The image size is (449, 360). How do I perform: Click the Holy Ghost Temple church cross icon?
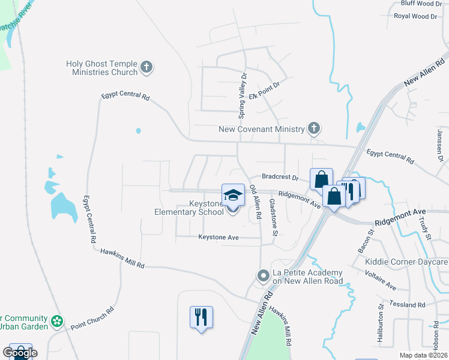click(146, 68)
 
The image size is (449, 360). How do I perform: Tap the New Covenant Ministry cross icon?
click(313, 128)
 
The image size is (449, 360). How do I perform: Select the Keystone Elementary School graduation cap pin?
click(233, 196)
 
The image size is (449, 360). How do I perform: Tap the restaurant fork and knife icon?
click(201, 316)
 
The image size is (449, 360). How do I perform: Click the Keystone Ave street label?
click(219, 238)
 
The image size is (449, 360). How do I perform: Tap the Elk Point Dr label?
click(264, 95)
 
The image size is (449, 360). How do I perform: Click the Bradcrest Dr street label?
click(280, 178)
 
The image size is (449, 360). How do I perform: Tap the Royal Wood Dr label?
click(415, 16)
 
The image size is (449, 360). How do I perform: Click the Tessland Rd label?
click(407, 304)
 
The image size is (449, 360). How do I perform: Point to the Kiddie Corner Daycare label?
click(407, 262)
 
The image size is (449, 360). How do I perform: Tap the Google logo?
click(20, 353)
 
